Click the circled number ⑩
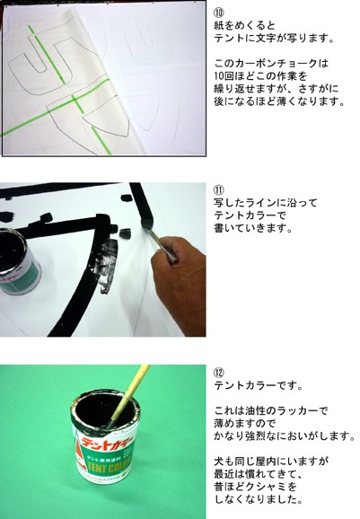218,13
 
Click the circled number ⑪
218,190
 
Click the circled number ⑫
218,373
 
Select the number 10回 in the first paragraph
224,76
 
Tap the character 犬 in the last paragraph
219,461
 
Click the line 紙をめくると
244,25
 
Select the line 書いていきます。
253,228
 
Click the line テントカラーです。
258,385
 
